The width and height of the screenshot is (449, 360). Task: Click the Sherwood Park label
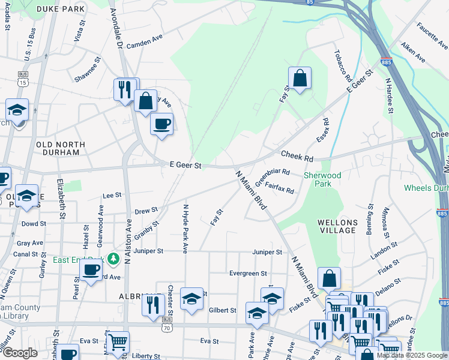[x=322, y=179]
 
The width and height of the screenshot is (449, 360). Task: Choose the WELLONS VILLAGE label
[x=338, y=226]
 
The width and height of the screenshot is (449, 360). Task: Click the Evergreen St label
[x=248, y=273]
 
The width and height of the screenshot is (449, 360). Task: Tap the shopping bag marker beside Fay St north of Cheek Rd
[x=300, y=78]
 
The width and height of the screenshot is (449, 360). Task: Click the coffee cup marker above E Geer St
[x=161, y=124]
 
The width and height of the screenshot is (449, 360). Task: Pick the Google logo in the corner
[x=20, y=353]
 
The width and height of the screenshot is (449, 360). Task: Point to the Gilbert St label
[x=223, y=310]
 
